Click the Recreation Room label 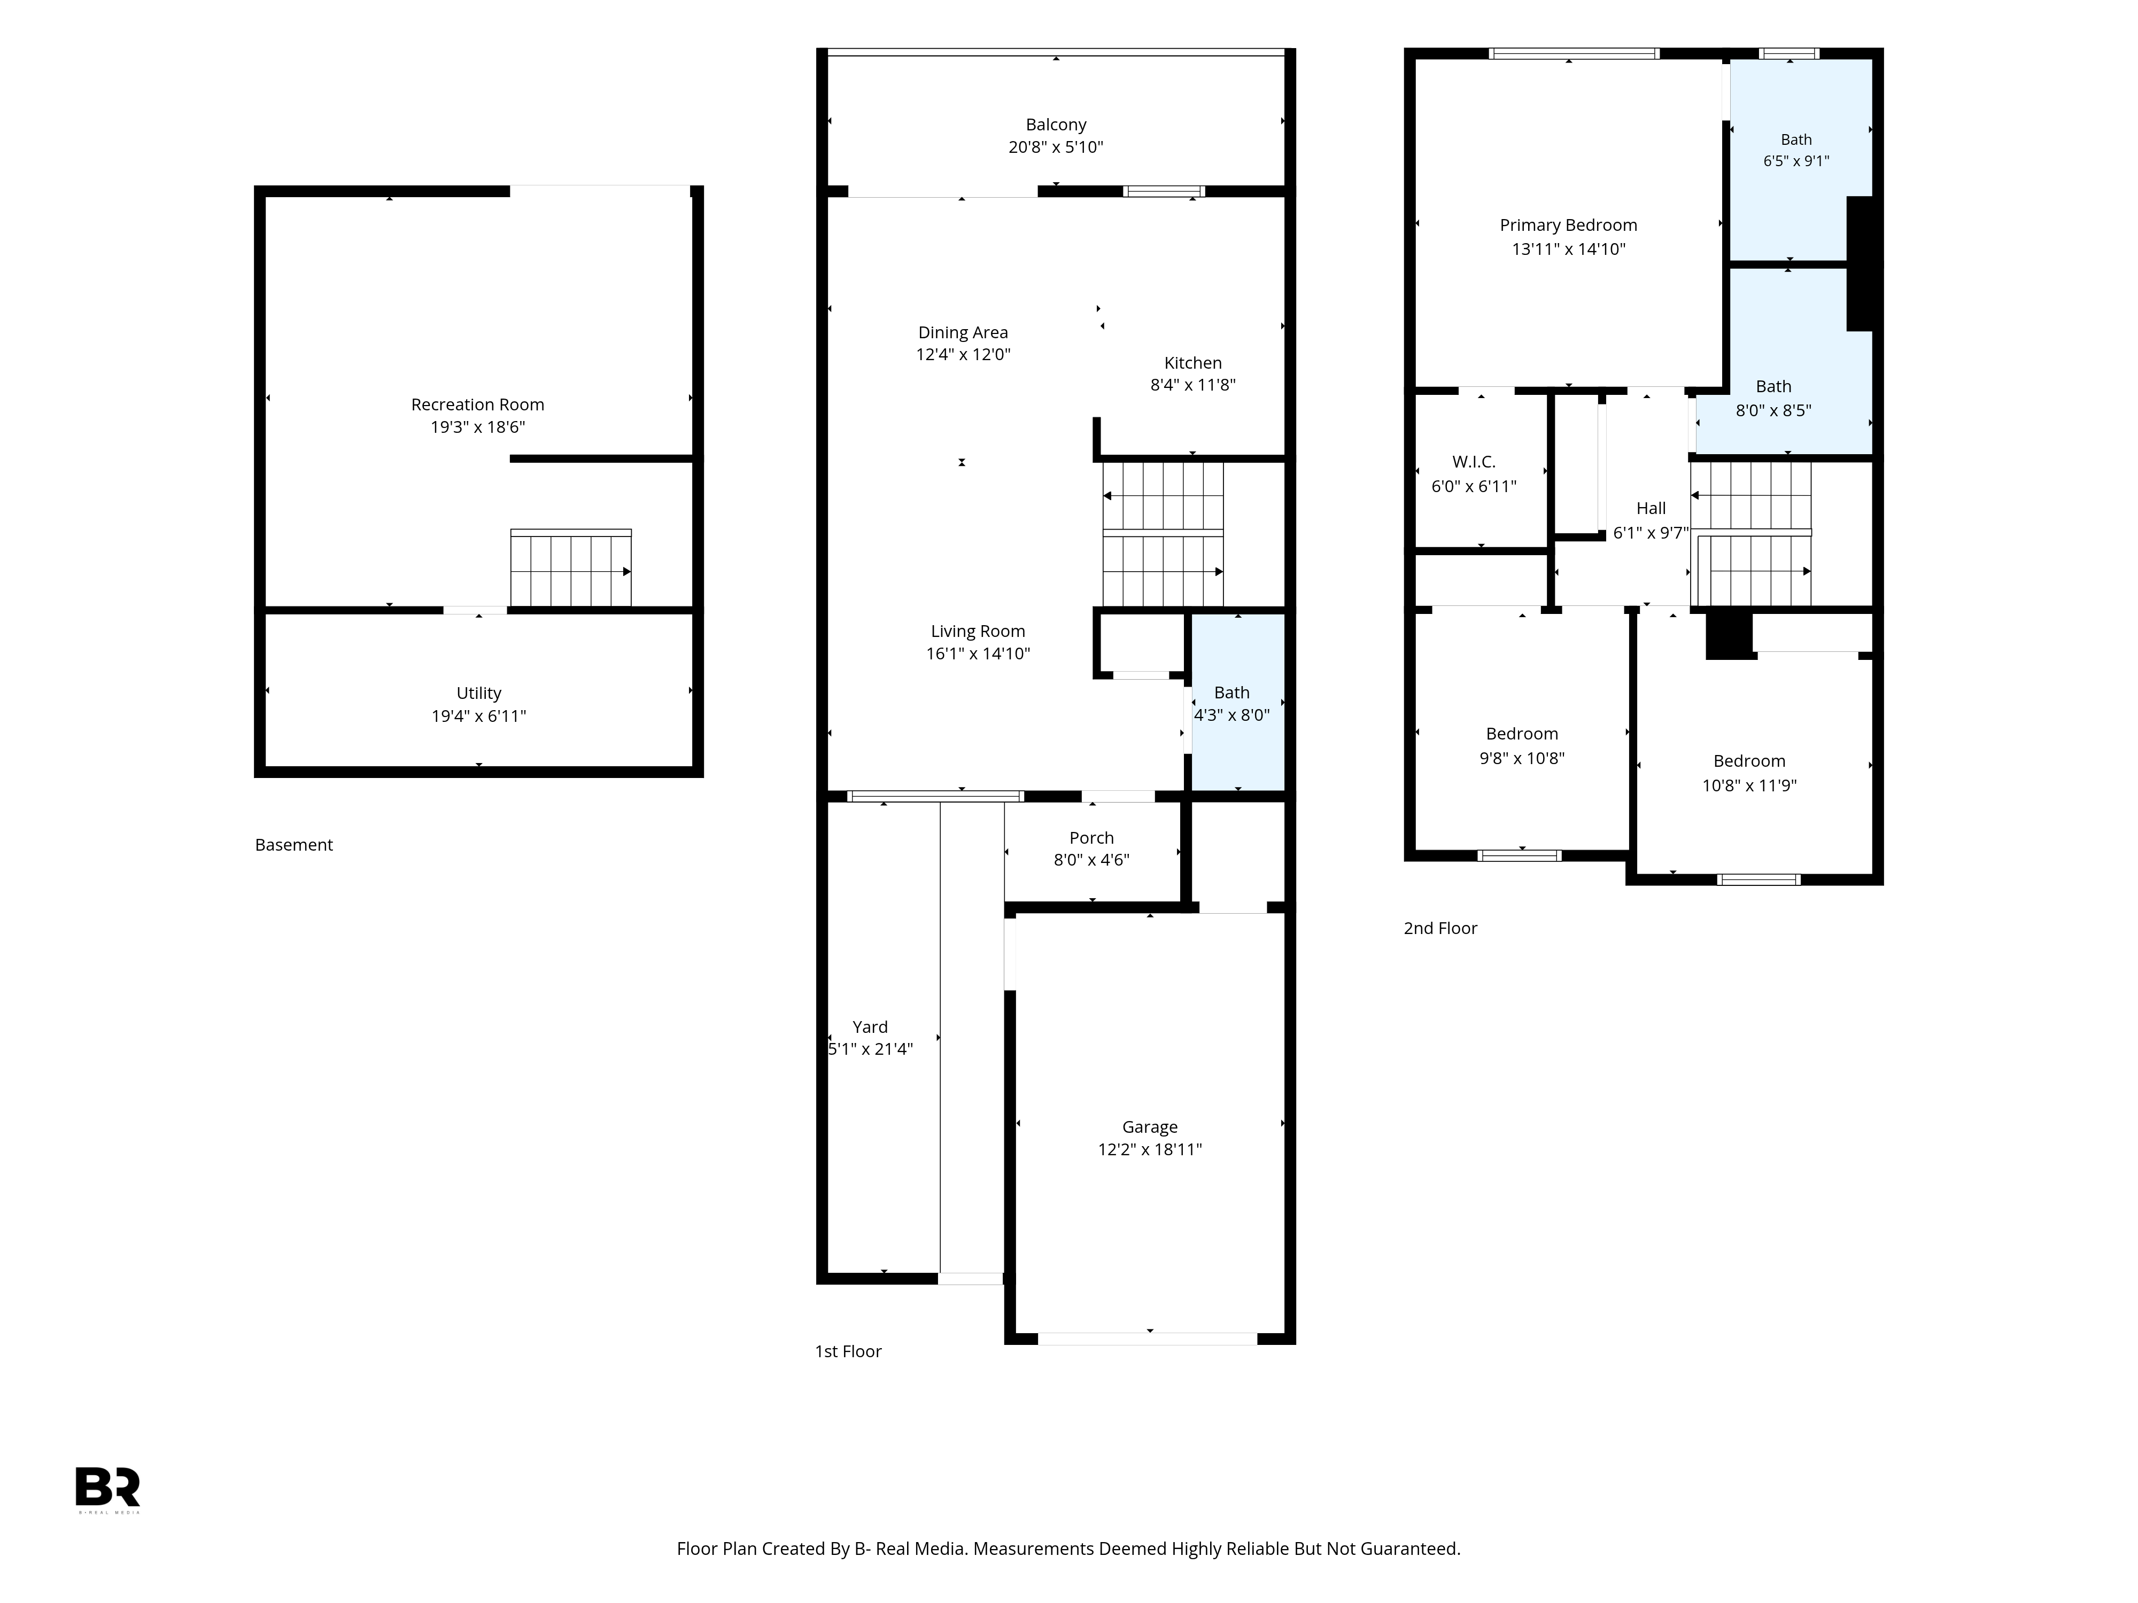coord(477,405)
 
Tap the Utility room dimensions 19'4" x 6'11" coord(478,716)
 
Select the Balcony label coord(1056,124)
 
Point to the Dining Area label coord(963,332)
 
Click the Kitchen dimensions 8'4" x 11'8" coord(1192,385)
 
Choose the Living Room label coord(977,631)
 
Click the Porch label coord(1091,838)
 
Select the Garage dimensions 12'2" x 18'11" coord(1149,1149)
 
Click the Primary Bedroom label coord(1568,225)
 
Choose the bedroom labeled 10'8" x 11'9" coord(1754,764)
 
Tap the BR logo coord(109,1489)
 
